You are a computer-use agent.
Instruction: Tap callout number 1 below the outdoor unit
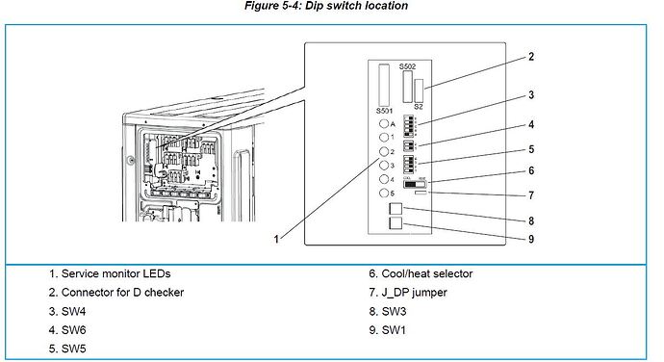click(278, 237)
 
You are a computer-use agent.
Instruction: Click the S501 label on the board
click(384, 112)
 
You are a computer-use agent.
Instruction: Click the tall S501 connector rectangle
click(384, 85)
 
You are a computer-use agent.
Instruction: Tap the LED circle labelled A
click(384, 124)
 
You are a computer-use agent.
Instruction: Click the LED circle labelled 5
click(384, 193)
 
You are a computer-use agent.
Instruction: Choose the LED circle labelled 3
click(384, 166)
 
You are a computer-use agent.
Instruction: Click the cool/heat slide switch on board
click(421, 183)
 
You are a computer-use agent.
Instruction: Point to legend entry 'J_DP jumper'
click(412, 292)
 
